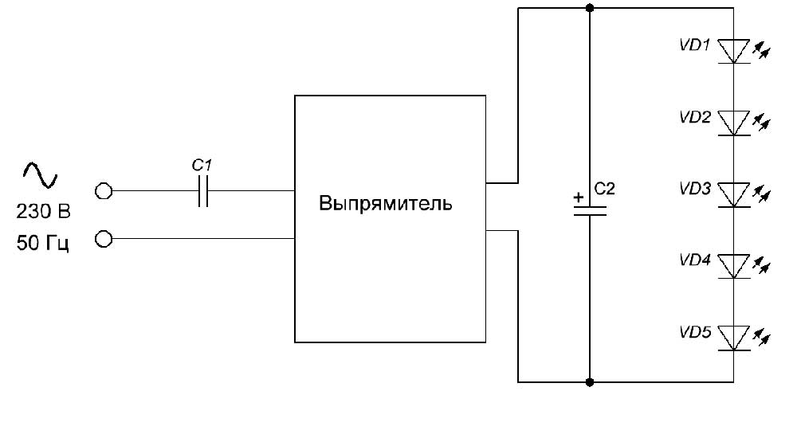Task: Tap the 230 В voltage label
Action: coord(43,213)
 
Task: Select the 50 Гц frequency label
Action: coord(43,243)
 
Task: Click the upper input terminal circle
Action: coord(103,191)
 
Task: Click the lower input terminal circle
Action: coord(103,238)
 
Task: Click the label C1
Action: coord(203,166)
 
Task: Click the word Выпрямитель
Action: coord(386,203)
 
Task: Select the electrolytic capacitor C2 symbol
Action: coord(590,211)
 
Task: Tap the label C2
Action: coord(606,190)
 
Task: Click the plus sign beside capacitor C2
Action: coord(578,197)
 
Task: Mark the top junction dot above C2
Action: coord(590,8)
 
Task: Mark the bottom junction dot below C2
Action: coord(590,382)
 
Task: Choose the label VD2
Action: coord(695,116)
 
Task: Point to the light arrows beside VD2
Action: coord(763,123)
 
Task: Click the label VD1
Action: coord(695,45)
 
